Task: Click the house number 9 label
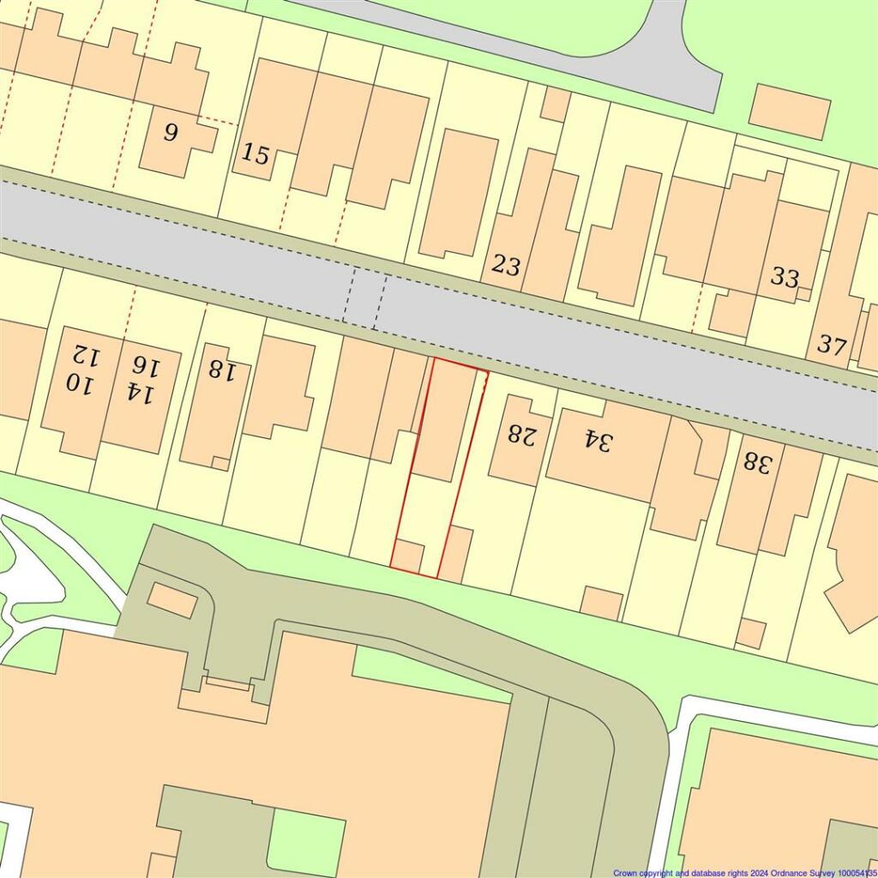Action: pos(171,133)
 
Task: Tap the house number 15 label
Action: pos(256,155)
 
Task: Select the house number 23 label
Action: pos(506,266)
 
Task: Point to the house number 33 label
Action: pos(785,277)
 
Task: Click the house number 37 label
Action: pos(831,345)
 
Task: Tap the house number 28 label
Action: pos(520,434)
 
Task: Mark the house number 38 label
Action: pos(758,463)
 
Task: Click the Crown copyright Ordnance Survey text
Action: pos(744,873)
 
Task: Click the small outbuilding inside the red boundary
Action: pos(407,556)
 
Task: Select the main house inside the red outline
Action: pos(445,420)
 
